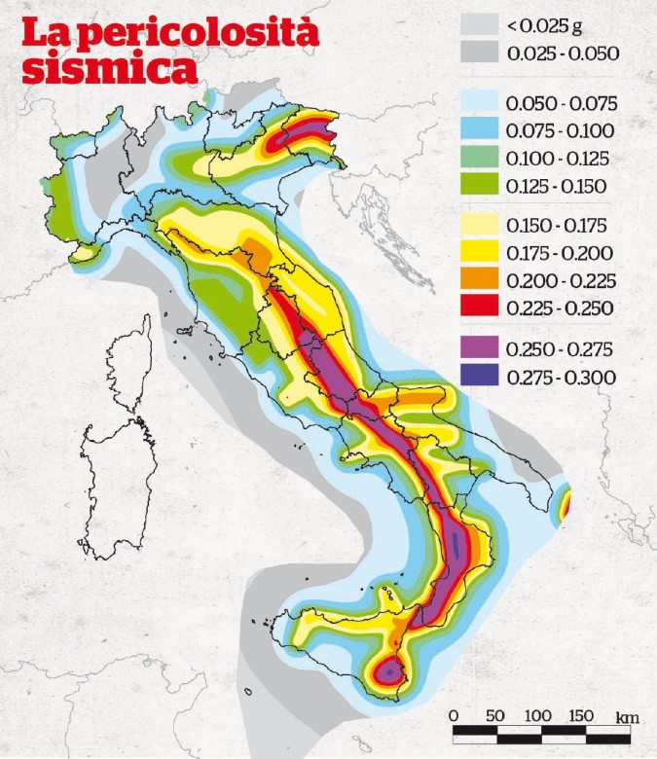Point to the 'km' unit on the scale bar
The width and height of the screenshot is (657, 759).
[x=628, y=717]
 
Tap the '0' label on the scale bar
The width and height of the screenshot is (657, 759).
[x=454, y=716]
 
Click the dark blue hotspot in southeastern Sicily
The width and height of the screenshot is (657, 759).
[x=388, y=670]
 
